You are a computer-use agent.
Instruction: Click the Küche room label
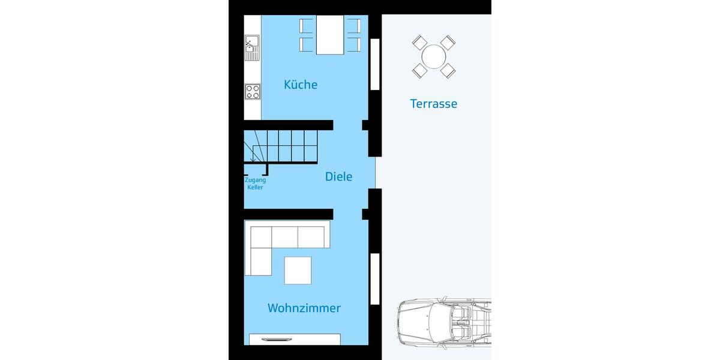click(x=301, y=85)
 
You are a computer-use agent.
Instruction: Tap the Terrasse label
click(x=433, y=104)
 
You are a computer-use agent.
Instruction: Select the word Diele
click(x=338, y=176)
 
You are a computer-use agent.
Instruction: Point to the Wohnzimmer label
click(x=304, y=308)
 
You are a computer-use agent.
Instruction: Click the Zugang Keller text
click(x=255, y=184)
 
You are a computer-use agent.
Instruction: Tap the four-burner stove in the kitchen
click(x=253, y=92)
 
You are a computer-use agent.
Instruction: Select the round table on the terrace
click(x=433, y=58)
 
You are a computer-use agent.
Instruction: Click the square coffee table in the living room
click(x=298, y=270)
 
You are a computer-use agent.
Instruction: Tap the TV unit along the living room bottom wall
click(x=295, y=339)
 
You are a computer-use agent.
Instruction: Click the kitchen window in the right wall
click(x=375, y=65)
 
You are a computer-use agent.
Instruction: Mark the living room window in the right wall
click(x=375, y=279)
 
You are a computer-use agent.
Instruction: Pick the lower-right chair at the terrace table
click(x=448, y=71)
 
